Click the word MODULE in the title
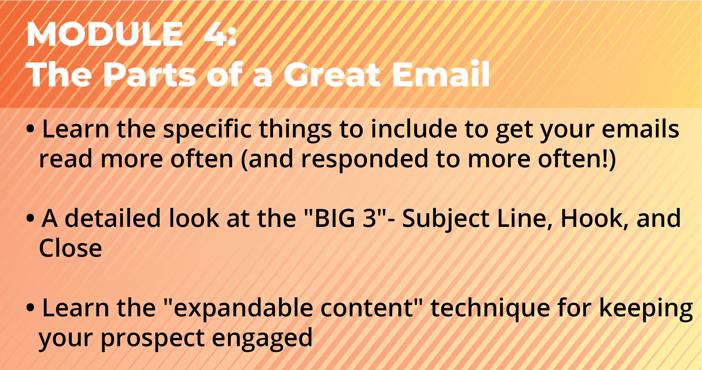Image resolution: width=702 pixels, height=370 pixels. coord(105,34)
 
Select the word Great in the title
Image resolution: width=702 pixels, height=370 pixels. coord(332,74)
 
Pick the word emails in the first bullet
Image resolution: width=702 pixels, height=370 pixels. coord(640,129)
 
